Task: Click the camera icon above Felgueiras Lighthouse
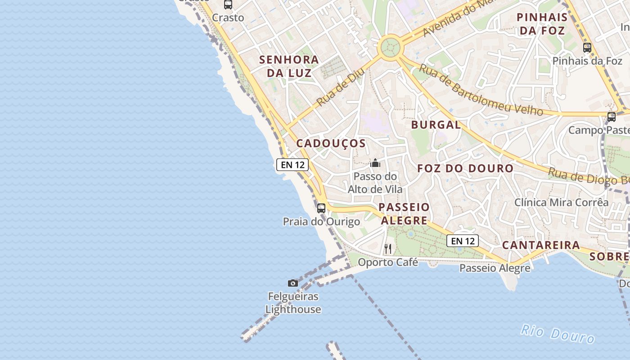(293, 283)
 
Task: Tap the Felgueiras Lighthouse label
(293, 303)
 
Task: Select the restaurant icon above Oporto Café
(388, 248)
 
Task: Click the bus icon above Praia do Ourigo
(321, 208)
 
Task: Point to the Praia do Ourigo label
(321, 222)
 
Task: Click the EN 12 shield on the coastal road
(292, 165)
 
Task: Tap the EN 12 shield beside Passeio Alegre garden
(463, 241)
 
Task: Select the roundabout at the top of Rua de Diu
(390, 47)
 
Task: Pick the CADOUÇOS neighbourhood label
(331, 144)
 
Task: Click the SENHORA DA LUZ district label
(289, 66)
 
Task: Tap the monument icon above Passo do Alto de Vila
(375, 163)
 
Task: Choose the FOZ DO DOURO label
(465, 169)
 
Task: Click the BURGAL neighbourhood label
(436, 125)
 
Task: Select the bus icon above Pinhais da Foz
(587, 48)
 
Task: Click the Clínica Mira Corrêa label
(561, 202)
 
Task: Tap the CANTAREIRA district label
(541, 245)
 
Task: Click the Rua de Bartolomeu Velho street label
(481, 90)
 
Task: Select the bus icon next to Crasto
(228, 5)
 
